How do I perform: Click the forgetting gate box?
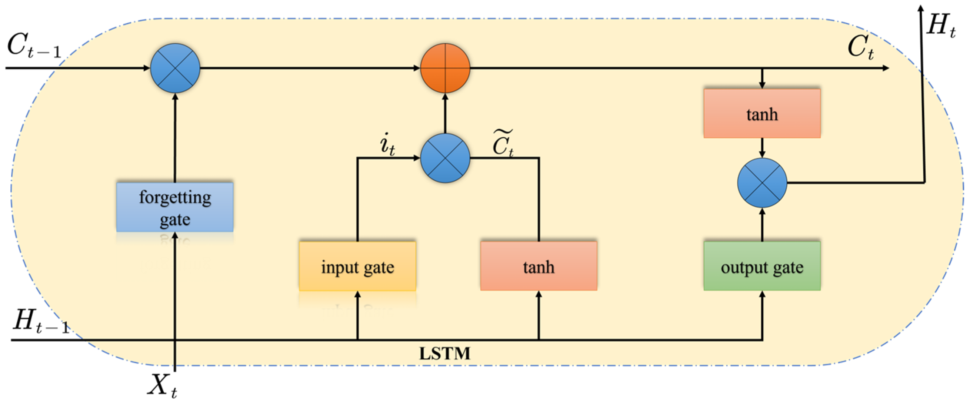[x=175, y=207]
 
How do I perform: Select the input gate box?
[x=357, y=266]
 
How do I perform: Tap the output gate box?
[x=762, y=266]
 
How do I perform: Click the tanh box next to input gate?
[x=539, y=266]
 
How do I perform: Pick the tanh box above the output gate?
[x=762, y=113]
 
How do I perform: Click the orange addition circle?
[x=445, y=68]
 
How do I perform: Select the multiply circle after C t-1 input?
[x=175, y=68]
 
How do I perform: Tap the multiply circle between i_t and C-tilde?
[x=445, y=158]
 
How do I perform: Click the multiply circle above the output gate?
[x=762, y=183]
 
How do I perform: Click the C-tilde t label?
[x=503, y=143]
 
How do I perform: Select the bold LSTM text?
[x=445, y=354]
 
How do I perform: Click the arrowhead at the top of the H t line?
[x=921, y=8]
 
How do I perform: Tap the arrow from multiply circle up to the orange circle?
[x=445, y=113]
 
